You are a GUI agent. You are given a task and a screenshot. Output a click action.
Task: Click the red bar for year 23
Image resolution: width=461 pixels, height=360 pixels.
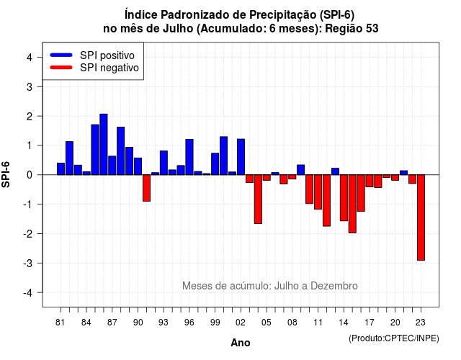pyautogui.click(x=421, y=217)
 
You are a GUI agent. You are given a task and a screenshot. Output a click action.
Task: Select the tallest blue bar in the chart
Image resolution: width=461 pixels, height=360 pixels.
pyautogui.click(x=104, y=144)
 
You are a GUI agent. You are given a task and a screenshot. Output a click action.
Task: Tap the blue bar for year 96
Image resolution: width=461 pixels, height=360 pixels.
pyautogui.click(x=189, y=157)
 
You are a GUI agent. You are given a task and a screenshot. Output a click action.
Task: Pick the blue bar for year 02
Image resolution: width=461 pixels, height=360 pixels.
pyautogui.click(x=241, y=157)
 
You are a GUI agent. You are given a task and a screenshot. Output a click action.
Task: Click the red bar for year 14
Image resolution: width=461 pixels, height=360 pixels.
pyautogui.click(x=344, y=198)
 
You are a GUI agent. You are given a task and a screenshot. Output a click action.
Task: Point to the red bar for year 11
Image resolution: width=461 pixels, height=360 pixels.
pyautogui.click(x=318, y=192)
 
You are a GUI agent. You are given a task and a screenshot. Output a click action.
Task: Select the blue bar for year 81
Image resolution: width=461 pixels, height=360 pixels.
pyautogui.click(x=61, y=168)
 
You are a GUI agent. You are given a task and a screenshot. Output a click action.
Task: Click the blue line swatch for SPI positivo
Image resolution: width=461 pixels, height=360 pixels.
pyautogui.click(x=61, y=55)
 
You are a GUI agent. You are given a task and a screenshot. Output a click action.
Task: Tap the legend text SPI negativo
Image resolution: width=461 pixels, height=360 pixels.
pyautogui.click(x=109, y=68)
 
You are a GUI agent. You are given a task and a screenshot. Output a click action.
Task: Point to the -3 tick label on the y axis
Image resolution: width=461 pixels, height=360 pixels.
pyautogui.click(x=28, y=263)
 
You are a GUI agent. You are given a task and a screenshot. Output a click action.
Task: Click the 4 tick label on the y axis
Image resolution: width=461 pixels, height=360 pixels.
pyautogui.click(x=30, y=58)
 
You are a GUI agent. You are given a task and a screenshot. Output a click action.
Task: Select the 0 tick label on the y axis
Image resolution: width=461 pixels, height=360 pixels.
pyautogui.click(x=30, y=175)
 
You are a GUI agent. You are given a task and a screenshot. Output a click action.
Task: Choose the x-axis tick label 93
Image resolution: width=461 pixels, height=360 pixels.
pyautogui.click(x=164, y=323)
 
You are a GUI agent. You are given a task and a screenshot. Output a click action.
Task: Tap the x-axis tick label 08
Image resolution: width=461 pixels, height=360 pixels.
pyautogui.click(x=292, y=323)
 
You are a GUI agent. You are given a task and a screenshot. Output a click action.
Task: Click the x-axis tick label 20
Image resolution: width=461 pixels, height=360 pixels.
pyautogui.click(x=395, y=323)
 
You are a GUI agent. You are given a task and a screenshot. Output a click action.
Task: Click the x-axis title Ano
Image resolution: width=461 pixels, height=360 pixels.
pyautogui.click(x=241, y=343)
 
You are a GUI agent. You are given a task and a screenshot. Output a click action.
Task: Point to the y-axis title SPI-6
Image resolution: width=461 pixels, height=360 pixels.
pyautogui.click(x=6, y=174)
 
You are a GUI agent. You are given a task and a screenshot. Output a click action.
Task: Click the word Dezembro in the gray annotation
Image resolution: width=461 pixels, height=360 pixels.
pyautogui.click(x=334, y=286)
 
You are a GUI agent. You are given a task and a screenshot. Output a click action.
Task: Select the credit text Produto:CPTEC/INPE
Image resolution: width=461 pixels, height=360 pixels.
pyautogui.click(x=394, y=338)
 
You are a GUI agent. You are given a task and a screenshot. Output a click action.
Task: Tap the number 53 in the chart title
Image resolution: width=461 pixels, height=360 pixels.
pyautogui.click(x=372, y=29)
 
